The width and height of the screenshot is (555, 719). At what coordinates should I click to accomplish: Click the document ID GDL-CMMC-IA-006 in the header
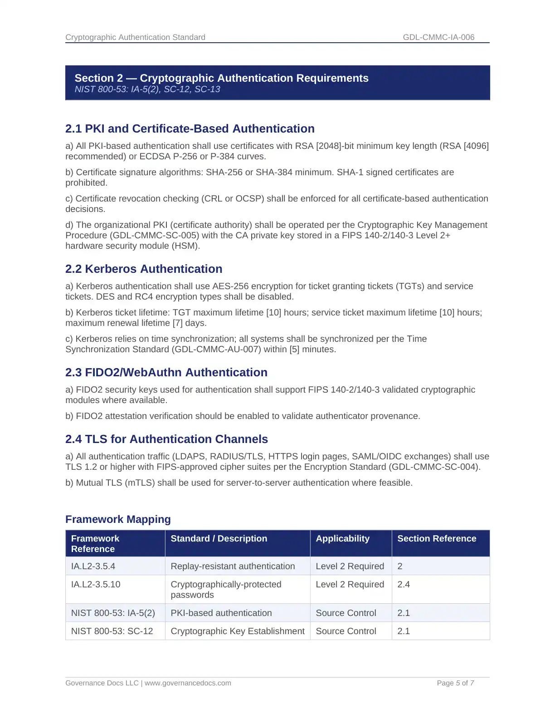pos(438,37)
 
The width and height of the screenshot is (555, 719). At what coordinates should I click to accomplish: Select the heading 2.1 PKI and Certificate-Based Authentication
pos(190,128)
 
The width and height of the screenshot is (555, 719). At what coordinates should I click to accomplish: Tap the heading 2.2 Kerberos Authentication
pos(144,269)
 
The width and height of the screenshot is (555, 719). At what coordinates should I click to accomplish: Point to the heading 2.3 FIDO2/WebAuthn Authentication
pos(166,372)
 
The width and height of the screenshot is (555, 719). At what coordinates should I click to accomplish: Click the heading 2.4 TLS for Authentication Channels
pos(166,439)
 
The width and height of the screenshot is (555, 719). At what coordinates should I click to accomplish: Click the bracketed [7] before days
pos(178,323)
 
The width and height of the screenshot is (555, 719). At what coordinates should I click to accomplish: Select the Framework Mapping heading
pos(118,519)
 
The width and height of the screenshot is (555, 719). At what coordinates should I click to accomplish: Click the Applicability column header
pos(342,538)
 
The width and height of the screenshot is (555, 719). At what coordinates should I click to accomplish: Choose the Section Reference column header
pos(437,538)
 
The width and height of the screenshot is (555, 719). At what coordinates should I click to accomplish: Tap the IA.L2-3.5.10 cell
pos(96,584)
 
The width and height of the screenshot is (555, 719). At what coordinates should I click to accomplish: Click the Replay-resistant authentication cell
pos(233,566)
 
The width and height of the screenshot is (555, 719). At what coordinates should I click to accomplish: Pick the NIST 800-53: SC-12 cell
pos(112,631)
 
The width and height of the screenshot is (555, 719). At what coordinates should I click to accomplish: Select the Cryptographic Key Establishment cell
pos(238,631)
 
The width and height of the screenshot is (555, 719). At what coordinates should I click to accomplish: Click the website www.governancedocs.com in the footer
pos(188,683)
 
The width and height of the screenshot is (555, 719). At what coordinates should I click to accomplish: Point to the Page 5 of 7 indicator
pos(455,683)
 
